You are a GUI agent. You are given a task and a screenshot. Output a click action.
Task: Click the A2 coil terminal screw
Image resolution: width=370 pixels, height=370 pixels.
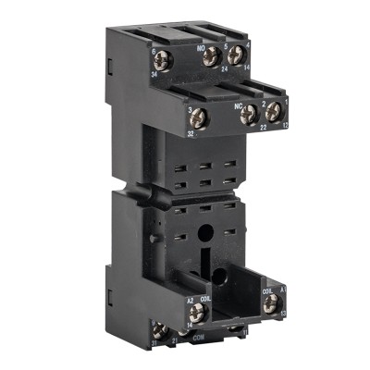(195, 312)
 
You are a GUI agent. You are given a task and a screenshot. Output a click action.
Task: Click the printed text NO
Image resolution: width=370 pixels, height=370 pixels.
(199, 42)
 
